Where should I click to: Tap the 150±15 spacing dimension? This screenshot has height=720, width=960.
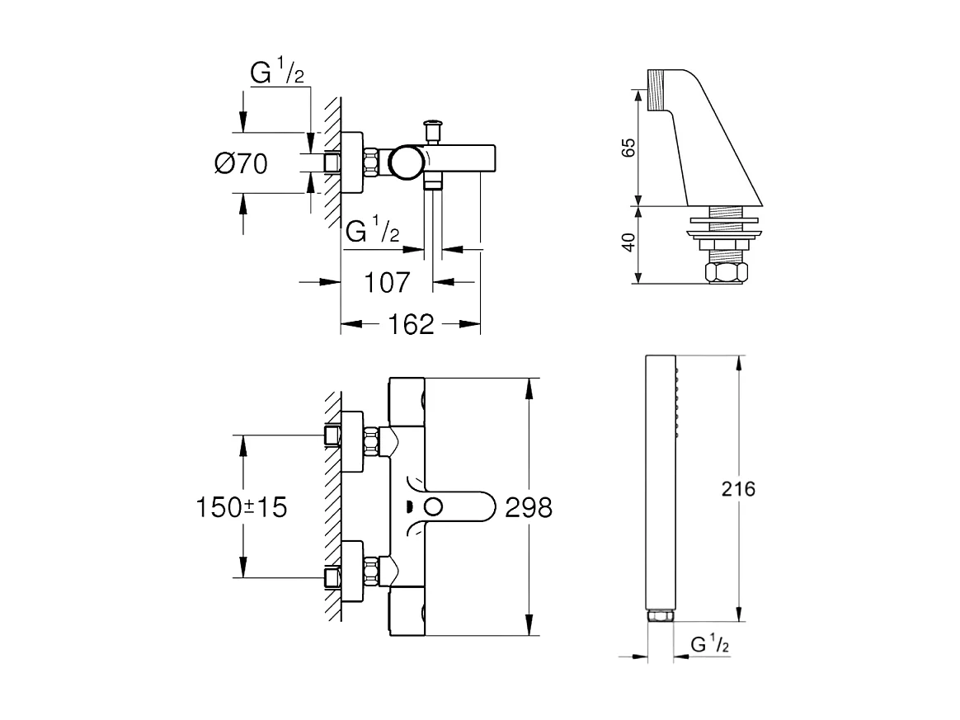[x=242, y=506]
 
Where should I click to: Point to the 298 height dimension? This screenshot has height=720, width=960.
[x=528, y=506]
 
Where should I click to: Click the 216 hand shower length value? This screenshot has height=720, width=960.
[x=738, y=489]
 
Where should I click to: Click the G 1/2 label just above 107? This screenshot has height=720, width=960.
[x=372, y=231]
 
